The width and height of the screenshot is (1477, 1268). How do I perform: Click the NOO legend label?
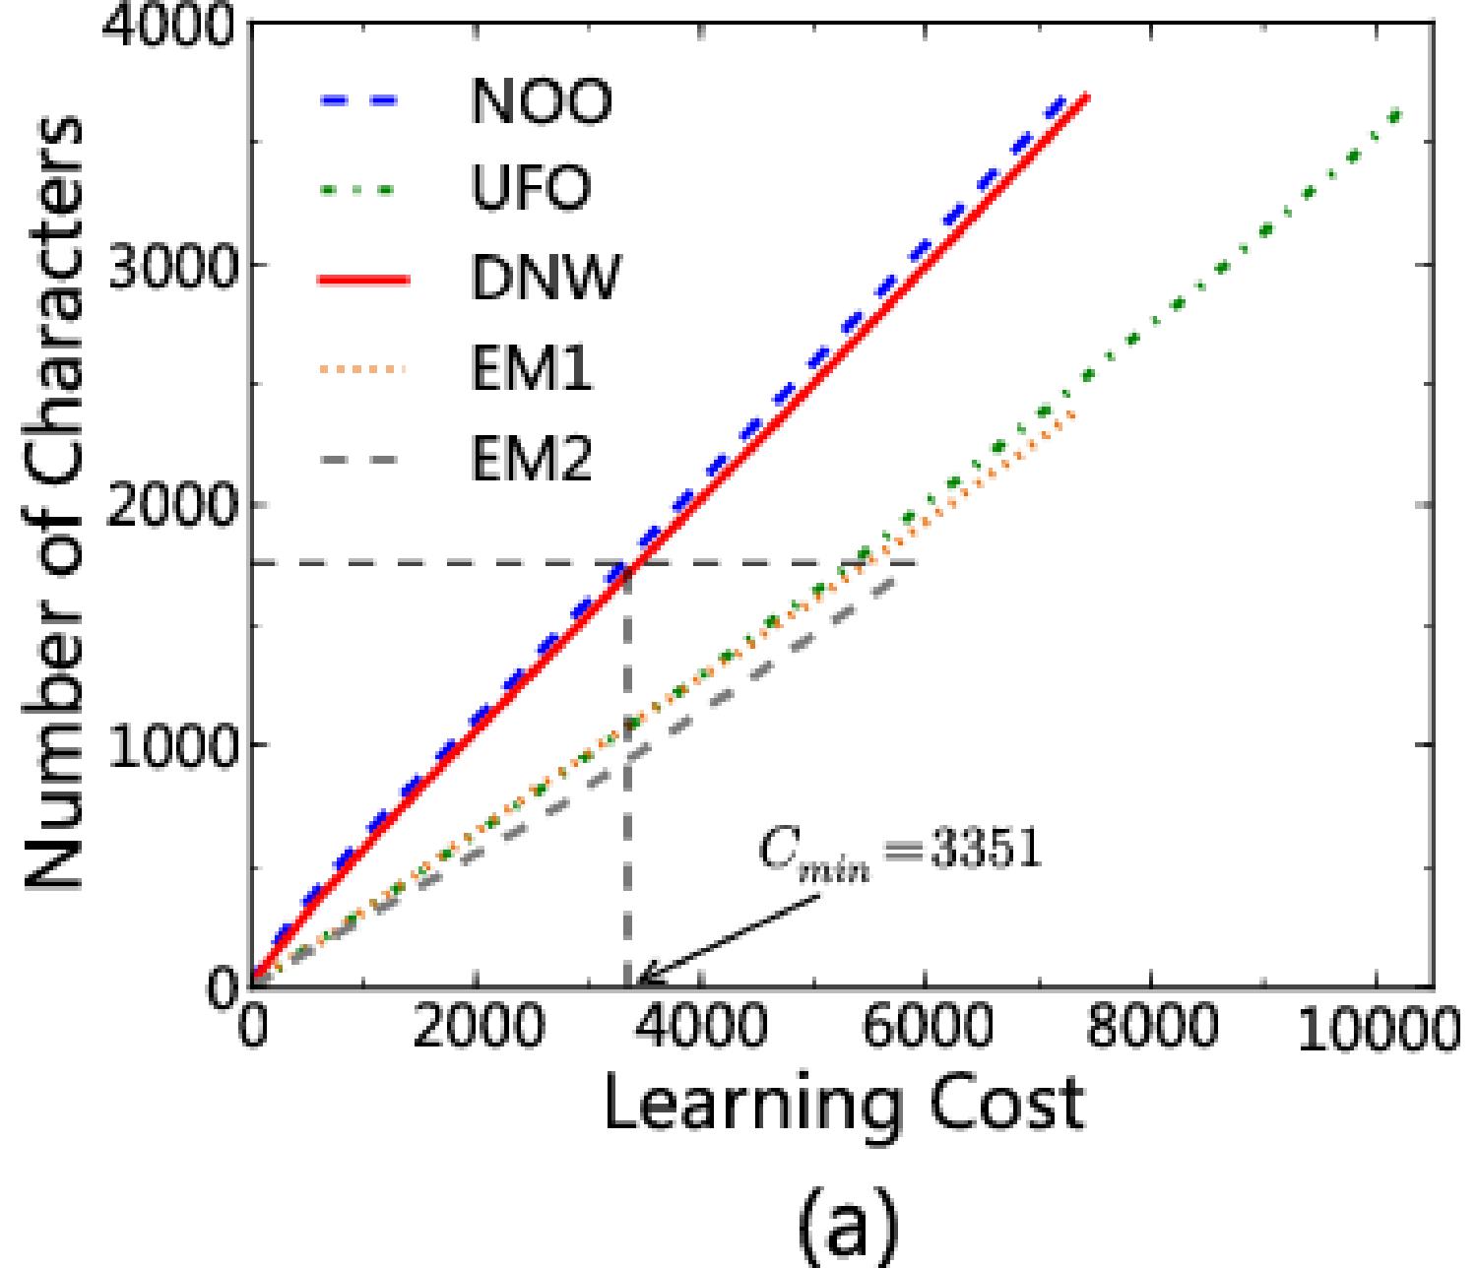click(x=542, y=101)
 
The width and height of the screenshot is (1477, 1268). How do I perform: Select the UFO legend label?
click(x=532, y=187)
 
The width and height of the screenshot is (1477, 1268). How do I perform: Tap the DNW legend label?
click(x=546, y=279)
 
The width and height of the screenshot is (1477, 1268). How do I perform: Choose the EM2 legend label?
click(x=532, y=459)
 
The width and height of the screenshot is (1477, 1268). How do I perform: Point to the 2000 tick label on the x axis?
click(x=477, y=1030)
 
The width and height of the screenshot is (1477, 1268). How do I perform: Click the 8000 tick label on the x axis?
click(x=1150, y=1030)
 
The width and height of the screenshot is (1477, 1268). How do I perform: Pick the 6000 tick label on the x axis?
click(x=926, y=1030)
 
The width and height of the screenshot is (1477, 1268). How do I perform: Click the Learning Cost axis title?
click(x=843, y=1105)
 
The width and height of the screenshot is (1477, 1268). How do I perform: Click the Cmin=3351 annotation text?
click(x=898, y=849)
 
